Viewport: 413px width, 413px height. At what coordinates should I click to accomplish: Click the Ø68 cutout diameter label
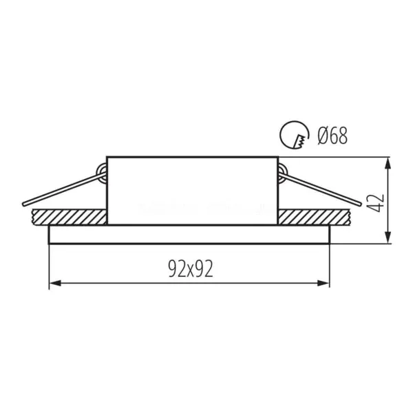(333, 136)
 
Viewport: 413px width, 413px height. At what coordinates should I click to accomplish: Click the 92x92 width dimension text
(191, 268)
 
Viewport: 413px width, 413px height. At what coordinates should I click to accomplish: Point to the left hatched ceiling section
(69, 218)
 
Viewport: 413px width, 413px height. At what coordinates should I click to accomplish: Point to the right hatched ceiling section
(315, 218)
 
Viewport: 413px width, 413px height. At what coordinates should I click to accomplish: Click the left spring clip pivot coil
(102, 173)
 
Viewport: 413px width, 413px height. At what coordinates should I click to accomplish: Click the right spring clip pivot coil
(282, 173)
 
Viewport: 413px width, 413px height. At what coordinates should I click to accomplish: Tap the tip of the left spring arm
(23, 204)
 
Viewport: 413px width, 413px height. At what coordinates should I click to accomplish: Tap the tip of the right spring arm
(360, 203)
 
